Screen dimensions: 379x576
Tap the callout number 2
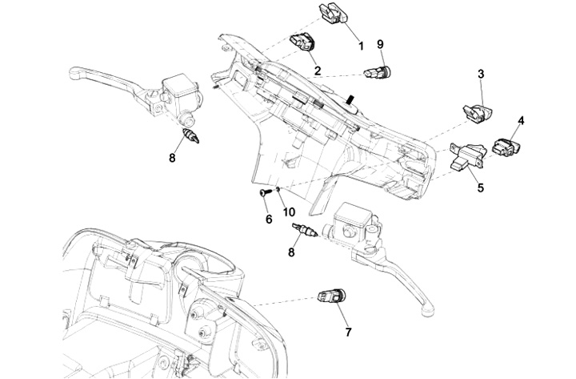point(318,71)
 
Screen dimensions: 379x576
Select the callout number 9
point(381,44)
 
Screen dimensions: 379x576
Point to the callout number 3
point(481,75)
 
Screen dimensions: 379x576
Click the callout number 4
point(521,121)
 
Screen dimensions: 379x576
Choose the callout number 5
point(480,189)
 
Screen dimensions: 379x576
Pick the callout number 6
point(268,218)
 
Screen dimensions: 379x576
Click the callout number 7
point(347,330)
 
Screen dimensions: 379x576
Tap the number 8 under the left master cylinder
point(172,158)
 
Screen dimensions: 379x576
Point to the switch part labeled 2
point(302,42)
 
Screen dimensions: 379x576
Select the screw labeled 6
point(263,193)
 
